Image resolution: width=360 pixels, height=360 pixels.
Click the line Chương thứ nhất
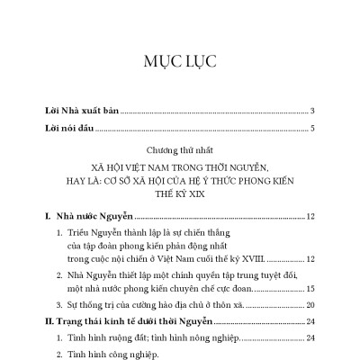179,150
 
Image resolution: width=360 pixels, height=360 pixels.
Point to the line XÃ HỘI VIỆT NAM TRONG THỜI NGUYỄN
179,166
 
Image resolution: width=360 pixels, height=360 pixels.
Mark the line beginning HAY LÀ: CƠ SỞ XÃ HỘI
179,180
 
